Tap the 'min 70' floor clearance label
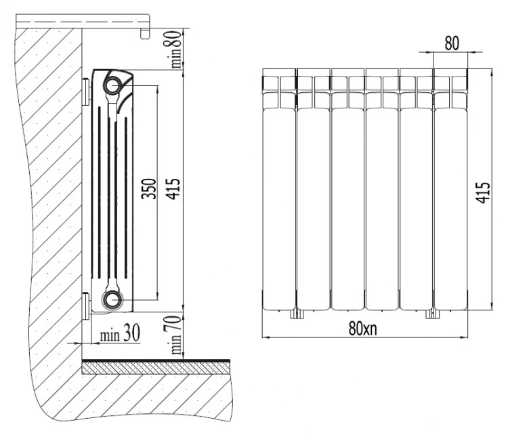pyautogui.click(x=175, y=335)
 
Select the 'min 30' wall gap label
pyautogui.click(x=120, y=333)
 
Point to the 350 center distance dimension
pyautogui.click(x=149, y=188)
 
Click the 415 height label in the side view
pyautogui.click(x=172, y=188)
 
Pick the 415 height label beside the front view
pyautogui.click(x=484, y=192)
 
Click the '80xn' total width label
pyautogui.click(x=363, y=329)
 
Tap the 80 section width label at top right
pyautogui.click(x=452, y=43)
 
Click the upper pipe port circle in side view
pyautogui.click(x=112, y=85)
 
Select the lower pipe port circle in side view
pyautogui.click(x=112, y=299)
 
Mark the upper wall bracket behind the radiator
pyautogui.click(x=86, y=92)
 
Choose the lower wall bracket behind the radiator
pyautogui.click(x=86, y=306)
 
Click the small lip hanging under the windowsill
pyautogui.click(x=145, y=34)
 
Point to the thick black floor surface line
pyautogui.click(x=156, y=361)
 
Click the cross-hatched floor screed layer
pyautogui.click(x=156, y=369)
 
